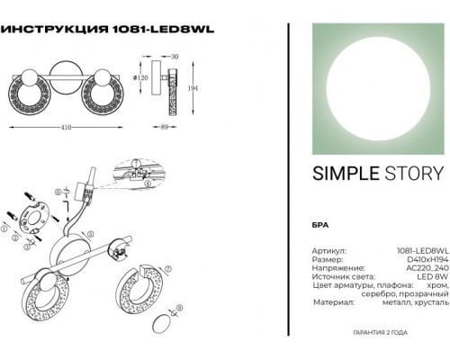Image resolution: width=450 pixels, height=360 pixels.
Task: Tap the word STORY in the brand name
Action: point(413,175)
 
